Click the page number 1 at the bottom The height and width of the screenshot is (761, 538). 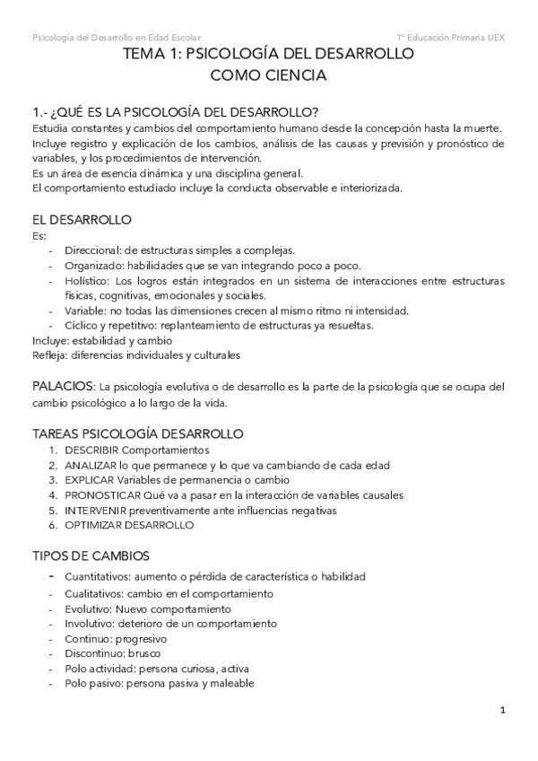point(504,710)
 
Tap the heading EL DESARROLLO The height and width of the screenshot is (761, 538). point(82,219)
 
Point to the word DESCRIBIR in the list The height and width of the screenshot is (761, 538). point(91,450)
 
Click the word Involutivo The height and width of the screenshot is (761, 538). point(88,623)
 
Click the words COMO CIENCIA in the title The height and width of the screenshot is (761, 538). point(268,76)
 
